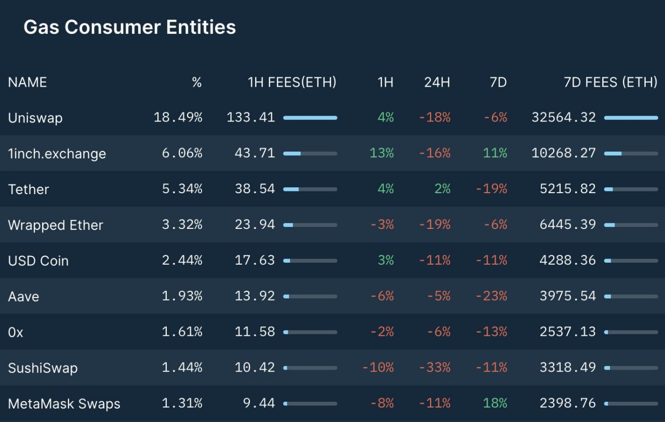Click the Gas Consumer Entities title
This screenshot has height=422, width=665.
129,28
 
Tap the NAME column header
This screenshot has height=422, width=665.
28,82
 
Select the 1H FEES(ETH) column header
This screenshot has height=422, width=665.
292,82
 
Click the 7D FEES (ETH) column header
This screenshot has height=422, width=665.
610,82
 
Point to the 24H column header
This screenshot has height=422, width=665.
437,82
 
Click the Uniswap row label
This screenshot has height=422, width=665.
35,118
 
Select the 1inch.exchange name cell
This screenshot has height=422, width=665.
57,154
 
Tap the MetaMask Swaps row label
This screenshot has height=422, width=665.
64,404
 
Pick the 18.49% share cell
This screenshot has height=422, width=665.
178,118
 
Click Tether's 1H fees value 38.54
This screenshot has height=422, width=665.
255,189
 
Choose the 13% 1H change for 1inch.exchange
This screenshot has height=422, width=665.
382,154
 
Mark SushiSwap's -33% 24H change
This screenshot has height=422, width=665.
435,368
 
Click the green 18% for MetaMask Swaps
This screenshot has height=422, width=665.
495,404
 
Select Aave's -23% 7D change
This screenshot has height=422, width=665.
491,296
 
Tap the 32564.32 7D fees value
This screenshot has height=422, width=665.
564,118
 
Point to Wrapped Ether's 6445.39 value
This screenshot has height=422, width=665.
568,225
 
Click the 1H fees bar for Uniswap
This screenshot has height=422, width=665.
310,118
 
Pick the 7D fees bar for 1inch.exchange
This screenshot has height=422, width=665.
631,154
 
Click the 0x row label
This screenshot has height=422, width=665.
16,332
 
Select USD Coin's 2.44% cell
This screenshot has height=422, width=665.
182,261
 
